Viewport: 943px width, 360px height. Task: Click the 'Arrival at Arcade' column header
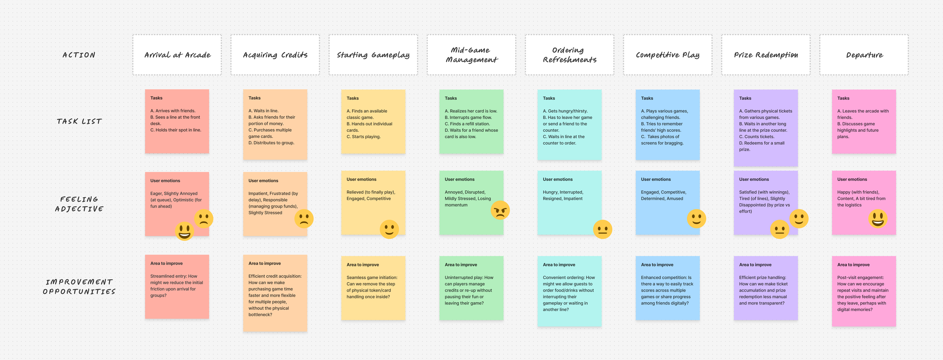click(x=177, y=55)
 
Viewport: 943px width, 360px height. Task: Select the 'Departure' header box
click(x=864, y=55)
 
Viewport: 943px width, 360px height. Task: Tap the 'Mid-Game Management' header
click(x=471, y=55)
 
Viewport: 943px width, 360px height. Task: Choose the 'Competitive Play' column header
click(x=667, y=55)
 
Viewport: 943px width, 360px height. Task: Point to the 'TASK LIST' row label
click(x=79, y=122)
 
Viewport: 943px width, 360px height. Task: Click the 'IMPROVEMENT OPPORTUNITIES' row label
click(x=79, y=287)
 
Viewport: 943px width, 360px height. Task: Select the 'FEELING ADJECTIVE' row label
click(x=79, y=204)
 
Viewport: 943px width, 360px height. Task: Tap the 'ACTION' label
click(x=79, y=55)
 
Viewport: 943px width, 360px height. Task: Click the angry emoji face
click(x=500, y=210)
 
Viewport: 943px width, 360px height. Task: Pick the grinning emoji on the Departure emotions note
click(x=878, y=219)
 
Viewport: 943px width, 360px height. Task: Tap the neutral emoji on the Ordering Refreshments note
click(x=602, y=229)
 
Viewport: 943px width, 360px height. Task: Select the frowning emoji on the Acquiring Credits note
click(x=304, y=219)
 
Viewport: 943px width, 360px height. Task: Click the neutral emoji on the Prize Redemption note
click(x=779, y=229)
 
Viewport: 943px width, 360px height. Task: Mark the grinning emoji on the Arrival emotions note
click(x=184, y=231)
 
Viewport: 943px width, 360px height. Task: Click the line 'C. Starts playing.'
click(x=364, y=137)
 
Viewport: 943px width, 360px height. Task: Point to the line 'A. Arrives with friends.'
click(x=173, y=111)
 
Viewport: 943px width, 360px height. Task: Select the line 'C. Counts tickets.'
click(x=757, y=137)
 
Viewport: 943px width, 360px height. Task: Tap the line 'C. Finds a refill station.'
click(x=467, y=124)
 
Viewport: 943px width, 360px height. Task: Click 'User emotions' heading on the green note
click(x=459, y=179)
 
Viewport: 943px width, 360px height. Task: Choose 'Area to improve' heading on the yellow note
click(x=362, y=265)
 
